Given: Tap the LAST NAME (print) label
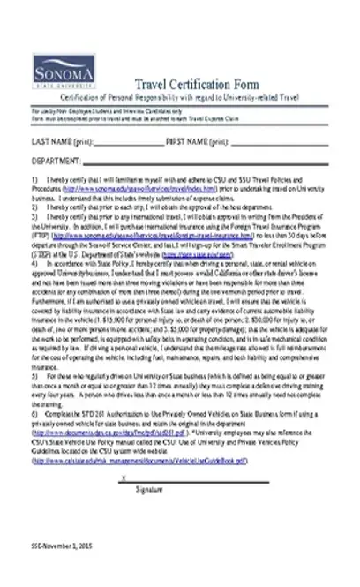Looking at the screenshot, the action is point(62,141).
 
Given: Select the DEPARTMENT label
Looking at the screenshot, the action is point(57,162).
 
